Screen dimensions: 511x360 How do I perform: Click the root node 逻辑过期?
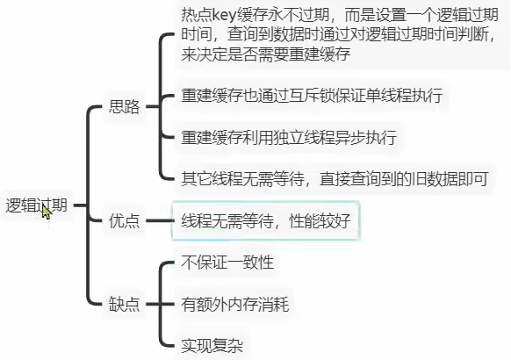click(x=36, y=205)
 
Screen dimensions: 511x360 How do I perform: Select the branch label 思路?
click(x=124, y=106)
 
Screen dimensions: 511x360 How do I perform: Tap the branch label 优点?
click(x=124, y=221)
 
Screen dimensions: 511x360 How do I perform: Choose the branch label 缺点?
click(x=124, y=304)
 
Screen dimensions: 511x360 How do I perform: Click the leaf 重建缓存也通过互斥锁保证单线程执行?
click(x=312, y=95)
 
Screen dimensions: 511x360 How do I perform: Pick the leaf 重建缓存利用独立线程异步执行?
click(x=289, y=137)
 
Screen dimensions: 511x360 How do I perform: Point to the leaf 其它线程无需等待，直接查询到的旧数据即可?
click(x=335, y=178)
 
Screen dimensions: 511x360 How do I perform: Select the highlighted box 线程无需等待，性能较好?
click(x=266, y=221)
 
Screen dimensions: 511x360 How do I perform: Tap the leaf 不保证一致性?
click(x=227, y=263)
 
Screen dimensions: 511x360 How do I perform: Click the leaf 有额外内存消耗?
click(x=235, y=304)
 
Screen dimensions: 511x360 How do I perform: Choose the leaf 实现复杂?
click(x=212, y=345)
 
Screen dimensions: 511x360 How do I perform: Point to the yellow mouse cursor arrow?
click(x=47, y=212)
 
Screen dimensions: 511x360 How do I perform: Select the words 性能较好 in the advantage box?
click(x=320, y=221)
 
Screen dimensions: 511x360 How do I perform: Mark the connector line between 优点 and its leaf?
click(x=160, y=221)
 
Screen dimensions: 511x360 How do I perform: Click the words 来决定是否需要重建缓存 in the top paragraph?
click(x=266, y=54)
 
